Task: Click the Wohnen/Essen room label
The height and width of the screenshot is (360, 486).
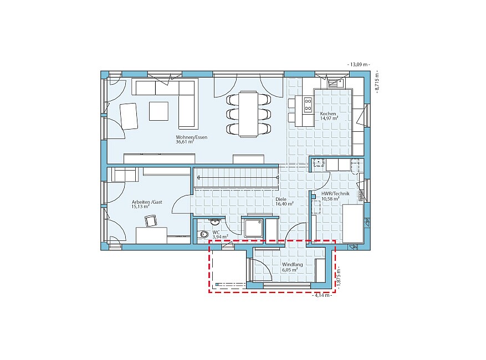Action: pos(192,137)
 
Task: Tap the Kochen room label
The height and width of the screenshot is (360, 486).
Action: pos(328,114)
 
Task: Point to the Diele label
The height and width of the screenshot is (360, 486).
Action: pos(281,199)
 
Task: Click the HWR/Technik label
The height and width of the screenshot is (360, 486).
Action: pos(335,194)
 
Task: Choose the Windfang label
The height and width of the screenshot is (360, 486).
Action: pos(292,265)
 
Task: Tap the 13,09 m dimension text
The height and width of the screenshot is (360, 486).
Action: pos(359,64)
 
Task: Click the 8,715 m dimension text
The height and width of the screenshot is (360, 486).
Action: pos(377,81)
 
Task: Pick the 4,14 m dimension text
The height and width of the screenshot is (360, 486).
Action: pos(323,295)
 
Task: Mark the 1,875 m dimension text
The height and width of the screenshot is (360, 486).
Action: pos(338,277)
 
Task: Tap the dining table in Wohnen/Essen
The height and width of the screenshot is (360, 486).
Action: pos(248,114)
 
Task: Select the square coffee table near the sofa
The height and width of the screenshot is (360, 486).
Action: pos(158,111)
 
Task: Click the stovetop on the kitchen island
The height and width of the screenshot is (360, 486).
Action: pos(308,104)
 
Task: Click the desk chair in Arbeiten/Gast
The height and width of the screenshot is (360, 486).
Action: pos(151,221)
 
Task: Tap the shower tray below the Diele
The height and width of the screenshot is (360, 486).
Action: pos(254,228)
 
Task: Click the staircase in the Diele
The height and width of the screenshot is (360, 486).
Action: pos(236,178)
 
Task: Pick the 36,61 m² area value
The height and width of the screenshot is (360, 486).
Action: pos(185,142)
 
